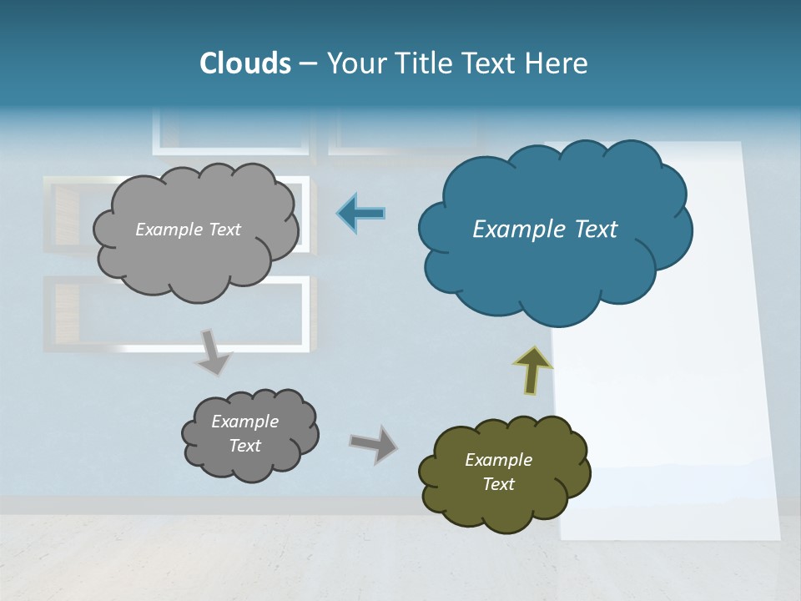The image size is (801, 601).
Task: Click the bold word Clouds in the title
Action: (244, 63)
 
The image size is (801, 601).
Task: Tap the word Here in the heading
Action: (558, 63)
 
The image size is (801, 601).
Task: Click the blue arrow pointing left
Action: (361, 214)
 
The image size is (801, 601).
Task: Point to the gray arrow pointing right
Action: (373, 443)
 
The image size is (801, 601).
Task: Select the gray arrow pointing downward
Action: (213, 351)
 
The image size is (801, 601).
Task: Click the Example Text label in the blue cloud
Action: (545, 230)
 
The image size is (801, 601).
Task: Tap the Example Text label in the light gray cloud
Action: (188, 230)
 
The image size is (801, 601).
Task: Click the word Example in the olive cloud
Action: (498, 460)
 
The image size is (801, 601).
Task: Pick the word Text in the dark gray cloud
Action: (245, 446)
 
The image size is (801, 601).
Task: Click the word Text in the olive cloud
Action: (498, 484)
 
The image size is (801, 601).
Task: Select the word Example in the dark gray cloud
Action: (245, 422)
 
